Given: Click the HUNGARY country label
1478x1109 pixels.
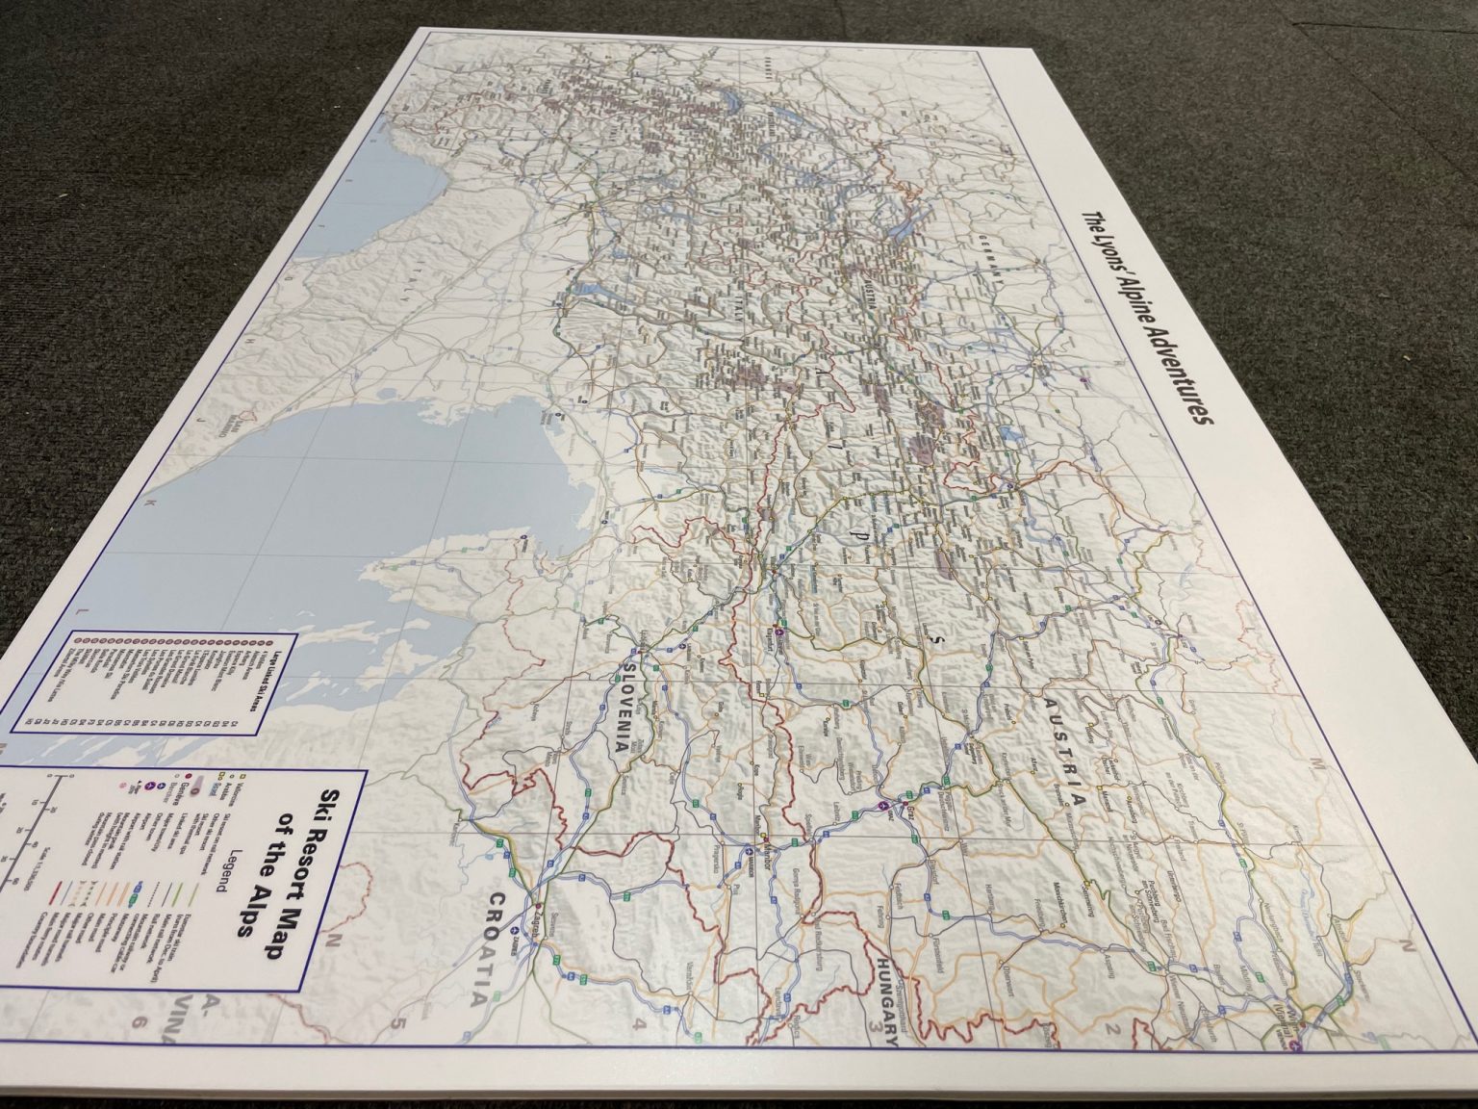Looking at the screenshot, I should coord(890,1001).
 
